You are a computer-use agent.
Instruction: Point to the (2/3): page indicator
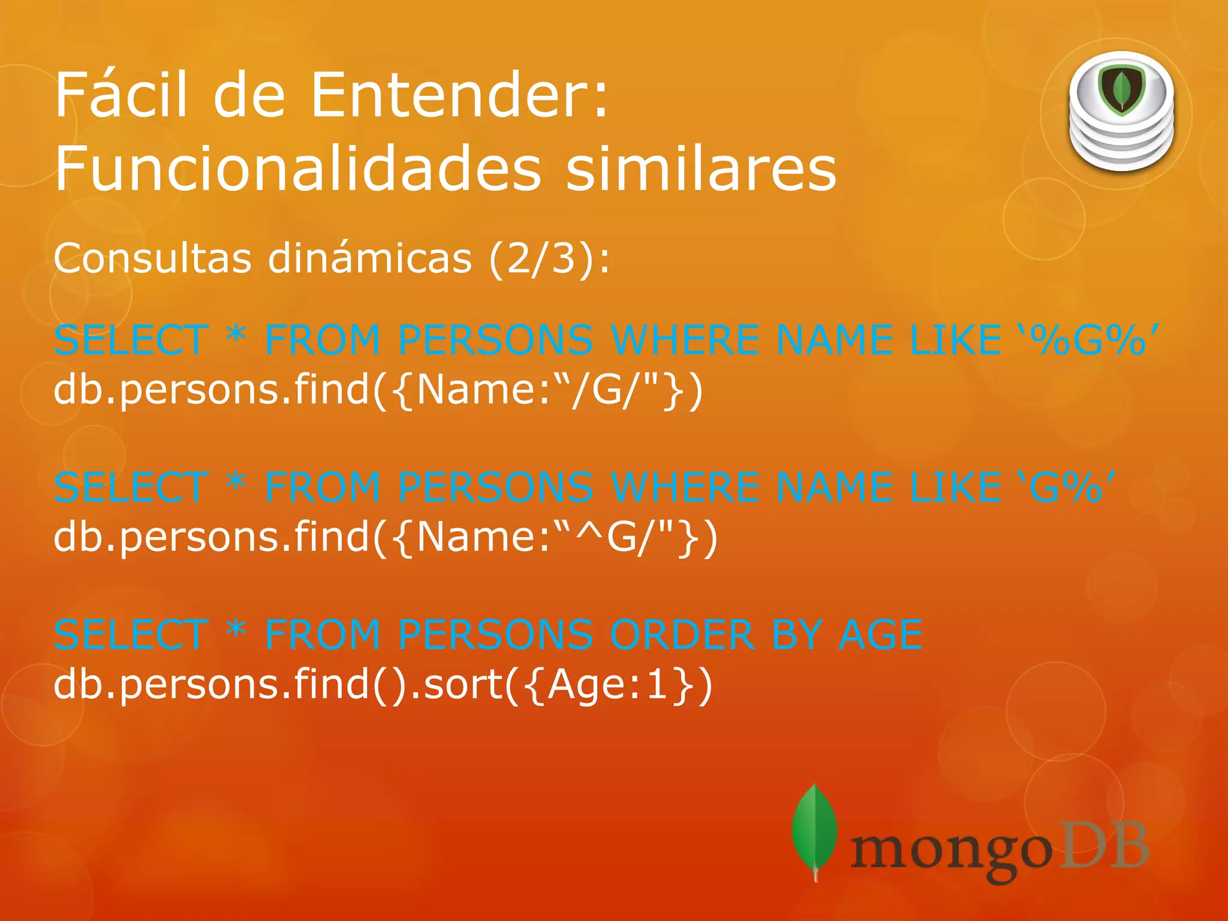(549, 259)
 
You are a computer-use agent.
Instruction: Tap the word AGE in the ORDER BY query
(880, 634)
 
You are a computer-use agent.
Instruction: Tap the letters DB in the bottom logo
(1102, 845)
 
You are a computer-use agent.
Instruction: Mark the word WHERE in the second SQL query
(686, 487)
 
